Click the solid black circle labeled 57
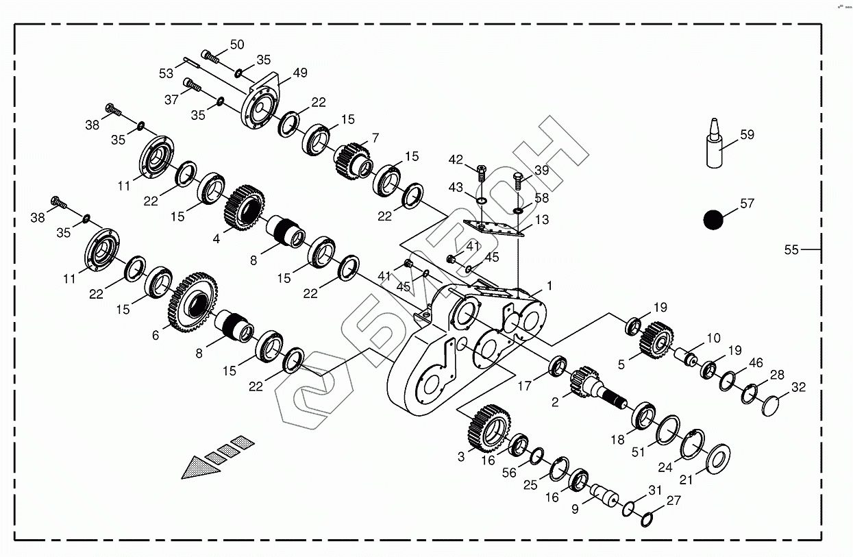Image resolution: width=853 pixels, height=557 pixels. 713,219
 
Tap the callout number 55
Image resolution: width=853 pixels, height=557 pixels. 791,250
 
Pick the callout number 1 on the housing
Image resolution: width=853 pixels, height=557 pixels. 548,286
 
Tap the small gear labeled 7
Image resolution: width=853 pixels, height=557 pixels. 352,159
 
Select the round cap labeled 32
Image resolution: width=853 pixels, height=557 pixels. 774,406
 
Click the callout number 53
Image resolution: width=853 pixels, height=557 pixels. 166,73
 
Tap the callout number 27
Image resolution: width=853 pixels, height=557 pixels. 673,501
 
